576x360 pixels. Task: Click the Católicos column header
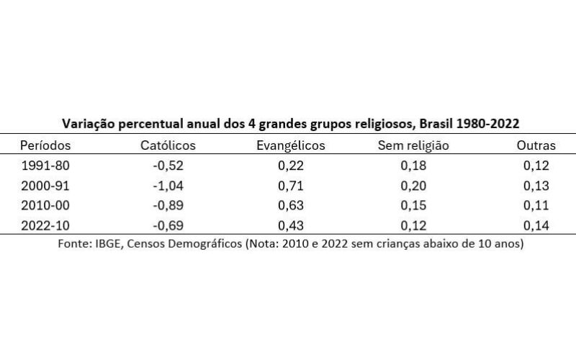point(168,145)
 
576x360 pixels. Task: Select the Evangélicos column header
point(291,145)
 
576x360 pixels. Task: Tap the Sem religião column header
point(413,145)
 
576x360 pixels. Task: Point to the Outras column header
point(536,145)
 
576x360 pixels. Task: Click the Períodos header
point(45,145)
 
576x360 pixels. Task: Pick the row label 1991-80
point(45,166)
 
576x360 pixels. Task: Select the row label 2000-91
point(45,186)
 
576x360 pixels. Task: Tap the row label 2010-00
point(45,206)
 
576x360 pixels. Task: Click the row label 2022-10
point(45,226)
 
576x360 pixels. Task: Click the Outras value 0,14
point(536,226)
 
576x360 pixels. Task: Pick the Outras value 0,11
point(536,206)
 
